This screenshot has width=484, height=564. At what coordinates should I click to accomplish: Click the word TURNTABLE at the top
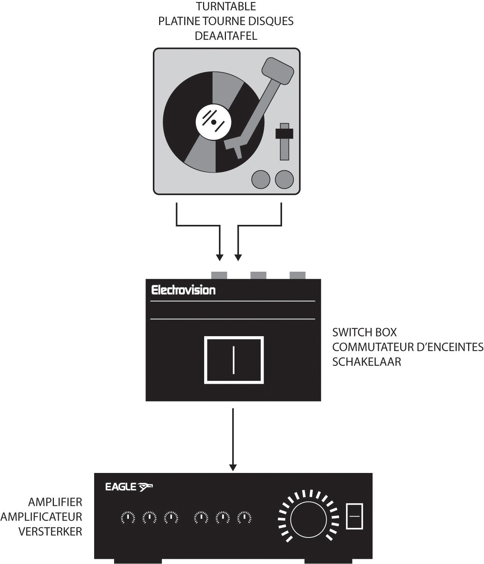(226, 6)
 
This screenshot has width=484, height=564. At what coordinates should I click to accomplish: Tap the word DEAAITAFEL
(226, 36)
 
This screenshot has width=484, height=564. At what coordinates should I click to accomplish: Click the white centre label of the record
(214, 122)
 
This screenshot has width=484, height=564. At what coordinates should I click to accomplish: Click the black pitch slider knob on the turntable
(284, 133)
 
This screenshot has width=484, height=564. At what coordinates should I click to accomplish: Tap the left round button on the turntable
(261, 179)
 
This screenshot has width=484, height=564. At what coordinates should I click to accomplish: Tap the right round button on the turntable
(284, 179)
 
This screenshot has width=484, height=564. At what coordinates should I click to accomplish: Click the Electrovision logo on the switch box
(183, 290)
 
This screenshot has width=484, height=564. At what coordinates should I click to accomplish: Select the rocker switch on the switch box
(234, 360)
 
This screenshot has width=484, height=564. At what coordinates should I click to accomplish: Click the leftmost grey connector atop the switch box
(219, 275)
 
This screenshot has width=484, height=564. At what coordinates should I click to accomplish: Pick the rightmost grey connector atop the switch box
(297, 275)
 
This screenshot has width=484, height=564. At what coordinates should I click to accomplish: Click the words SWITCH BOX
(364, 332)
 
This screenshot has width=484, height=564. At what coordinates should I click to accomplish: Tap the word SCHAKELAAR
(366, 362)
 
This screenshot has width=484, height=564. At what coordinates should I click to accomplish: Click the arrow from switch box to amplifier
(233, 439)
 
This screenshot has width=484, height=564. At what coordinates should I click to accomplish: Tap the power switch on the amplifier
(354, 516)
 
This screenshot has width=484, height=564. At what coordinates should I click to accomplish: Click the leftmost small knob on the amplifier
(128, 518)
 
